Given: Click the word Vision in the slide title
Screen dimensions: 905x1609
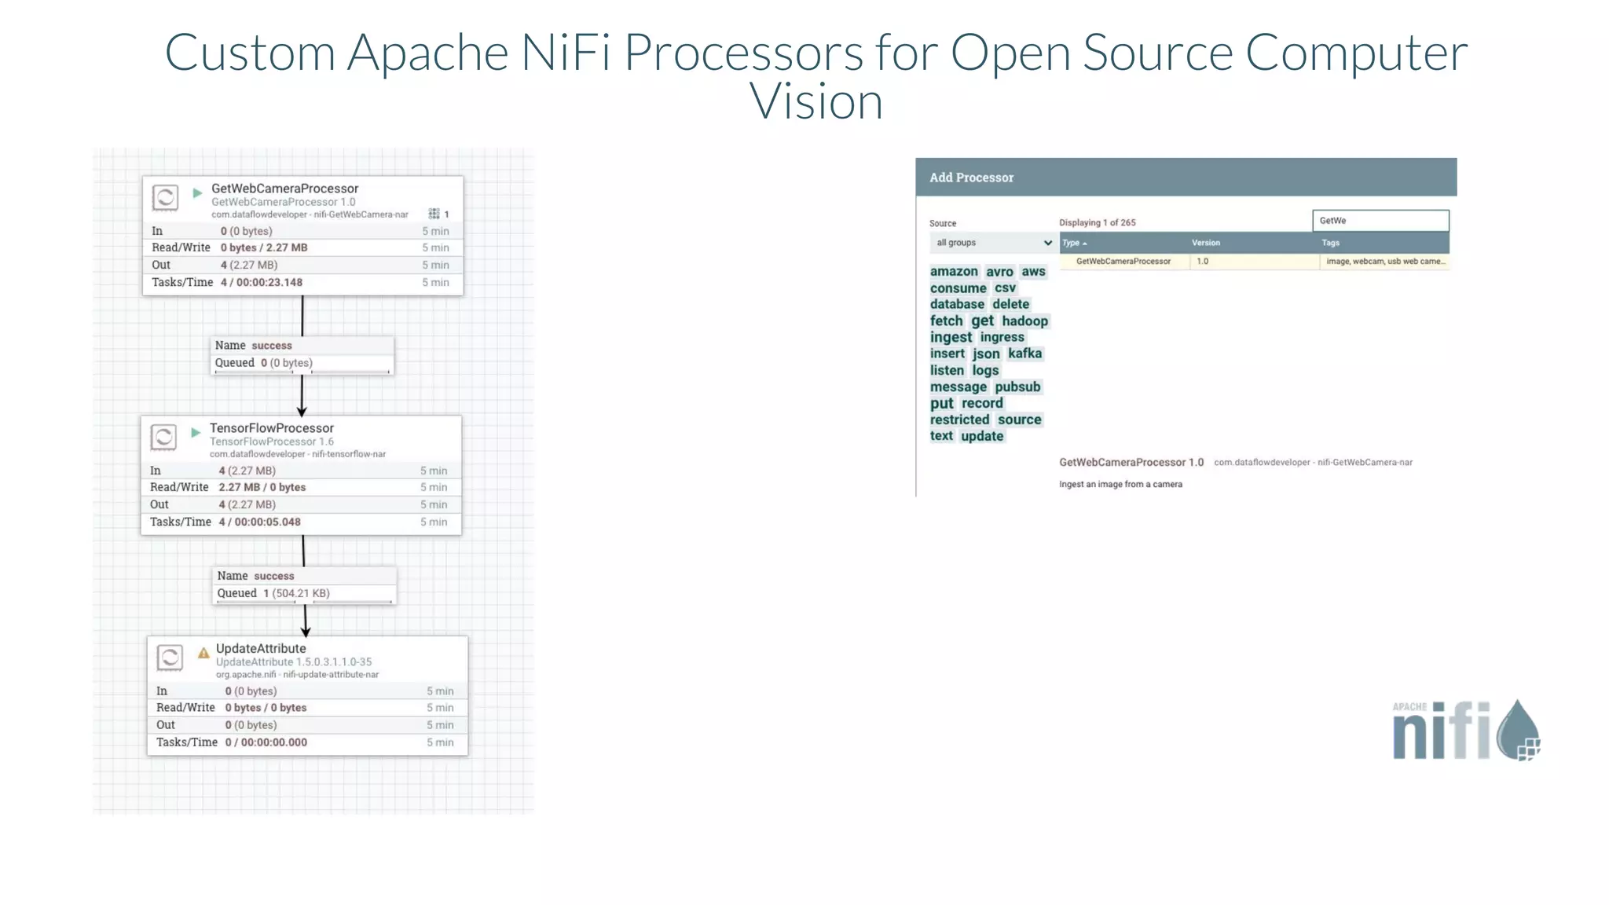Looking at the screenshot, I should (x=815, y=102).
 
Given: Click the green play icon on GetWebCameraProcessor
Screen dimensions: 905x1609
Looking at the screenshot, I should (x=197, y=192).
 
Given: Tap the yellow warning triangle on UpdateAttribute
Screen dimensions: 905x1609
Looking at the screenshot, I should (x=203, y=653).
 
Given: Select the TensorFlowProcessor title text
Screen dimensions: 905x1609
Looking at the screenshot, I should (x=271, y=428).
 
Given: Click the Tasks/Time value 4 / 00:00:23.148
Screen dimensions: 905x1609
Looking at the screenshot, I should (x=261, y=282).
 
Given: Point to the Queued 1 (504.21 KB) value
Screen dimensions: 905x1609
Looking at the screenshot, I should (x=296, y=593).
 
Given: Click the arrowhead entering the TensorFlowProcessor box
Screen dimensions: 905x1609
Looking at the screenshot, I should (x=302, y=411).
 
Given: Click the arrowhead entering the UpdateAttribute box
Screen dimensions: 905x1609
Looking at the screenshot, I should (x=306, y=631).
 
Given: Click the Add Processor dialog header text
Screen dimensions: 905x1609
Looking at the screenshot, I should (x=971, y=178).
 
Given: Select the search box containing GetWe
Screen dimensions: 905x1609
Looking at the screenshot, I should (x=1380, y=221).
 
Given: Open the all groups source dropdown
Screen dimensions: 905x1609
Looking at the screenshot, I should (x=993, y=243).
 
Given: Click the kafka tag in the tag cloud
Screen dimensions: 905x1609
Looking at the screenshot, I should (x=1024, y=354).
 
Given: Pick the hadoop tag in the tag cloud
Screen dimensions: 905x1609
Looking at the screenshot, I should (x=1024, y=321).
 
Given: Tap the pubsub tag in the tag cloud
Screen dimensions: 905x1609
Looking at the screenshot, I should (x=1017, y=387).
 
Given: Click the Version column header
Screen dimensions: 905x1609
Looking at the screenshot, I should (x=1205, y=243).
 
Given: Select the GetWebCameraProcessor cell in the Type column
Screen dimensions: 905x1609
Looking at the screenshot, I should (x=1123, y=262).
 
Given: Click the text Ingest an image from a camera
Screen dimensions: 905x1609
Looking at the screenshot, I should (x=1120, y=484).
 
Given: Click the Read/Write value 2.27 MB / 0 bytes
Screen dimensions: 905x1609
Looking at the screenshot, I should (x=262, y=487).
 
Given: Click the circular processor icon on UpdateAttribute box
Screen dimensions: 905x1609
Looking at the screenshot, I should (x=170, y=657).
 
